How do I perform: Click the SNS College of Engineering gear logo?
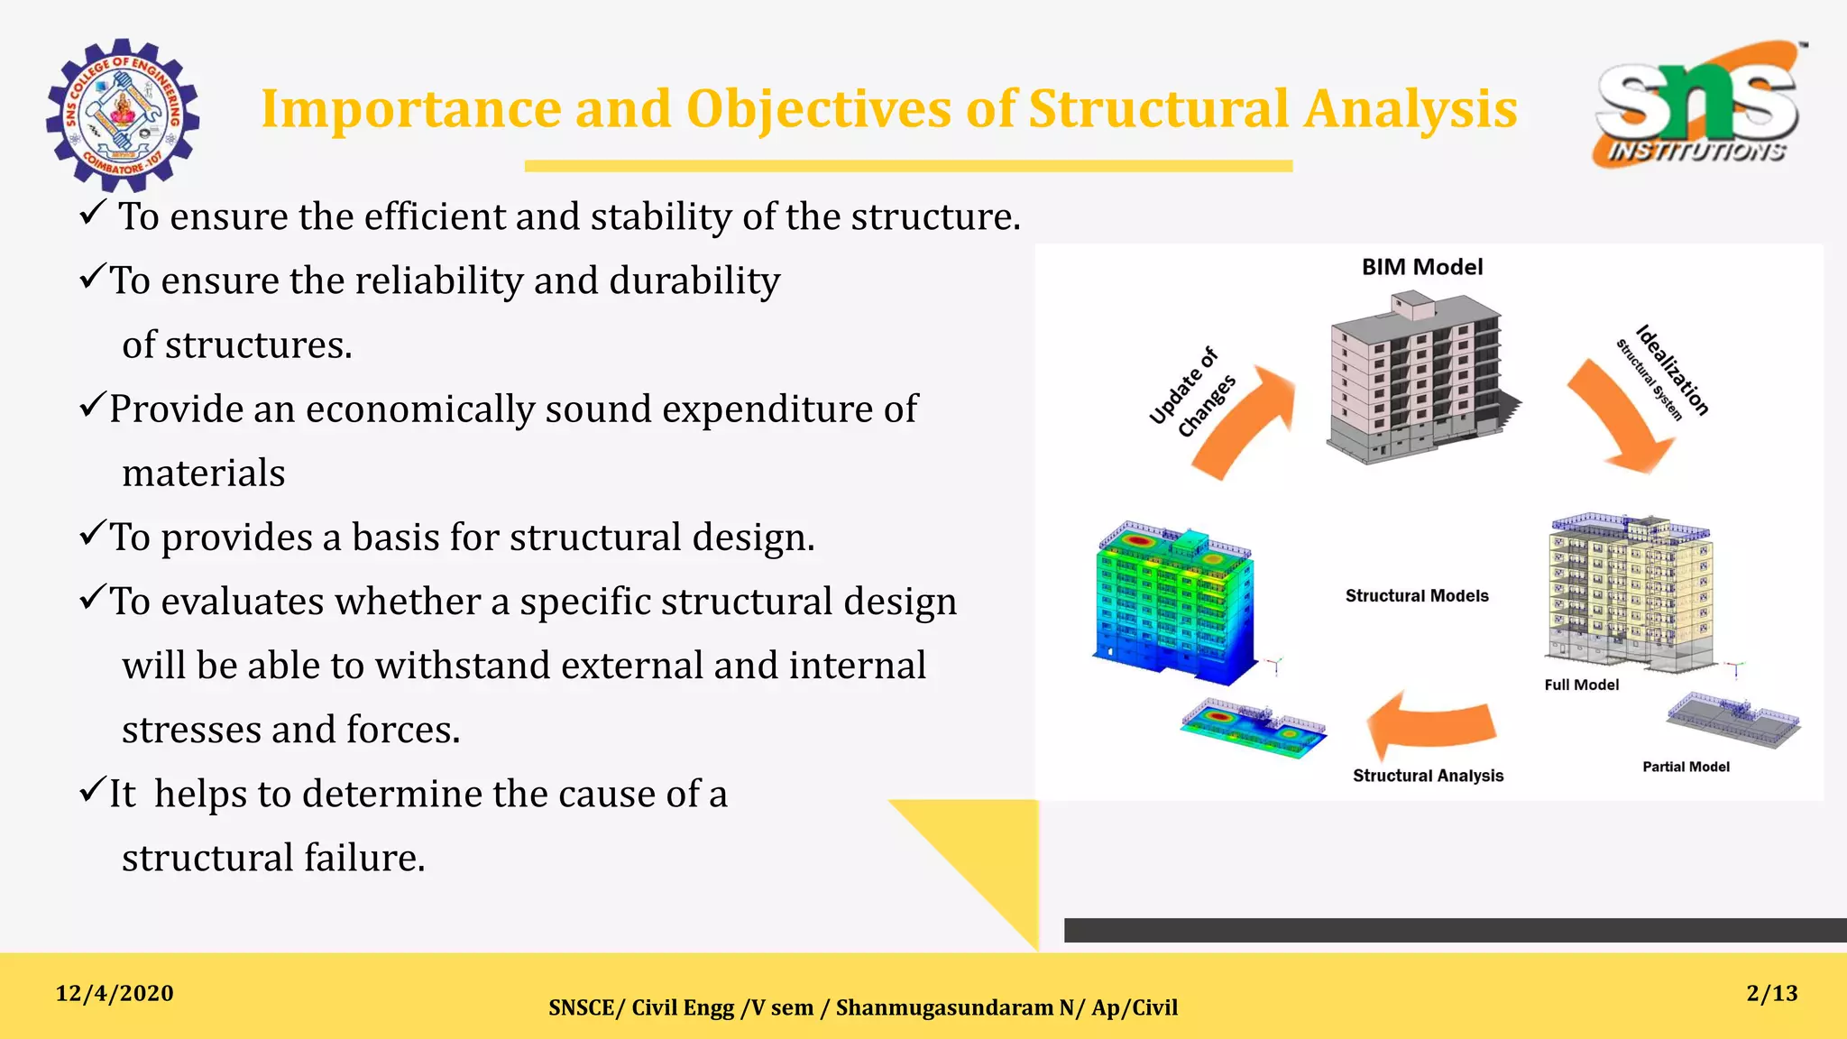[x=122, y=115]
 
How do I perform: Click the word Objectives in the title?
[x=818, y=109]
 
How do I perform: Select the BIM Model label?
[x=1421, y=267]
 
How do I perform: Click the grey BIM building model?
[x=1414, y=379]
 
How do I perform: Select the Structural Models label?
[x=1416, y=596]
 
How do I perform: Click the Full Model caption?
[x=1581, y=685]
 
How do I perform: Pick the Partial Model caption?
[x=1685, y=768]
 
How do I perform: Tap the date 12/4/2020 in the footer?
[x=115, y=994]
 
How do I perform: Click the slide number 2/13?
[x=1771, y=994]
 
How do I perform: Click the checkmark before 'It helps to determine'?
[x=93, y=791]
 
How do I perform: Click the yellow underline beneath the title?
[x=908, y=166]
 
